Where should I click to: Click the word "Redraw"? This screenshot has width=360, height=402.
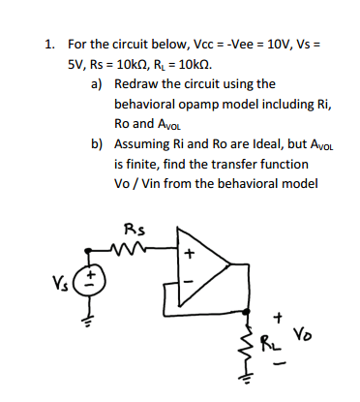tap(138, 84)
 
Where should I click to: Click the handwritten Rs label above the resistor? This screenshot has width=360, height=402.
tap(135, 231)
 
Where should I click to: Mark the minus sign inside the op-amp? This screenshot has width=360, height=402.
tap(189, 281)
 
